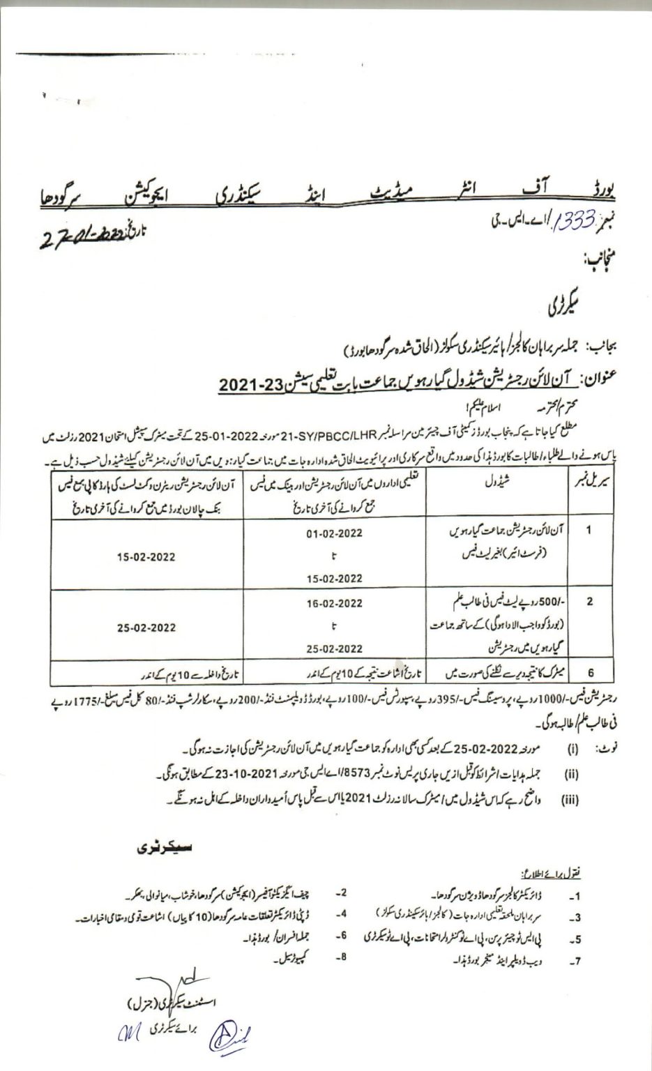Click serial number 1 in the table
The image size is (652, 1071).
(590, 549)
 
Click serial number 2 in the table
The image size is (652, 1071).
(590, 600)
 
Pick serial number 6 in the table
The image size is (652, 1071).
(591, 674)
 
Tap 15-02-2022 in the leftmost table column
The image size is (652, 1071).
(147, 557)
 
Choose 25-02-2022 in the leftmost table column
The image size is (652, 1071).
(147, 625)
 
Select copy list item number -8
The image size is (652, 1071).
(341, 957)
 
